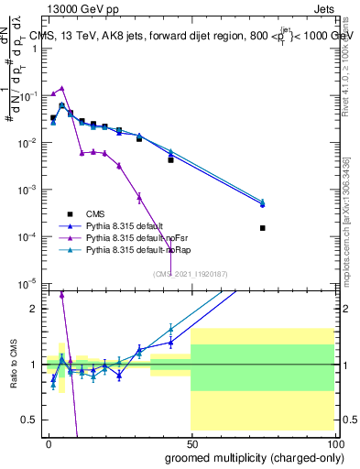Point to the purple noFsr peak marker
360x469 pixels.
61,89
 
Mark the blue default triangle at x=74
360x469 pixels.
263,205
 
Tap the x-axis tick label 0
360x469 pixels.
49,443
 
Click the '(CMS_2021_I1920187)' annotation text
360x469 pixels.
190,273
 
